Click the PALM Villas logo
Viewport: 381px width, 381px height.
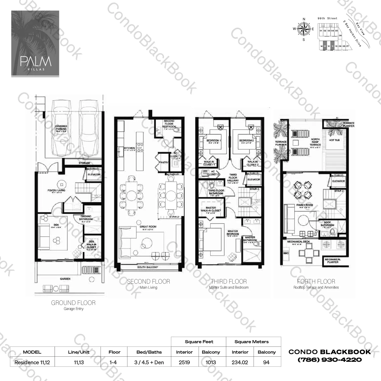35,44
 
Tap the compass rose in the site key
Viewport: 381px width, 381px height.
304,29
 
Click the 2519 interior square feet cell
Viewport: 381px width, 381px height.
184,362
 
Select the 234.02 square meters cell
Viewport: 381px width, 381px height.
240,362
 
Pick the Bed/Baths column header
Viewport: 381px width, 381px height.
149,352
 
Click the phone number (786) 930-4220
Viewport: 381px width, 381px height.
330,360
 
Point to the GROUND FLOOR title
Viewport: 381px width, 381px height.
73,303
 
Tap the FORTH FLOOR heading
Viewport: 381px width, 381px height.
316,281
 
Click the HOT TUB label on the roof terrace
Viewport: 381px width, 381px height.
334,140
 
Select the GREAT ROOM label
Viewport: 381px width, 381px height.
148,227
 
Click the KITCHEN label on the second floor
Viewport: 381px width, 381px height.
129,148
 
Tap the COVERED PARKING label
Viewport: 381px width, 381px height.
61,128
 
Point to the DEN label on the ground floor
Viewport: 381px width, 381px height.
56,225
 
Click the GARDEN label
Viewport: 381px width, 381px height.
65,279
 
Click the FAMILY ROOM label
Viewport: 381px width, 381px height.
304,205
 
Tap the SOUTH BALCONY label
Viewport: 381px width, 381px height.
148,267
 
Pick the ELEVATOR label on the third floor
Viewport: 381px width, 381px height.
254,180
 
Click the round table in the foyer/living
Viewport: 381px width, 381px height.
61,183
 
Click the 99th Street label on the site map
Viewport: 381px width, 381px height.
327,19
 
